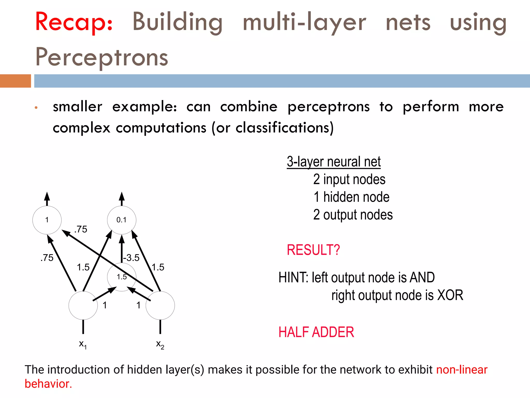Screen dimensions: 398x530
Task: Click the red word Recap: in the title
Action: pyautogui.click(x=74, y=22)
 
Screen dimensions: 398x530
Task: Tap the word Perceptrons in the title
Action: pyautogui.click(x=102, y=57)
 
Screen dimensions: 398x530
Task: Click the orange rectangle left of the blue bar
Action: pyautogui.click(x=15, y=81)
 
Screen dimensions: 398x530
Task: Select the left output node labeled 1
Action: pyautogui.click(x=47, y=220)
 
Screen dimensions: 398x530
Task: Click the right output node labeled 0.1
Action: pyautogui.click(x=122, y=220)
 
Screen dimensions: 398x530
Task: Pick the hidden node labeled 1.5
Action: pyautogui.click(x=122, y=277)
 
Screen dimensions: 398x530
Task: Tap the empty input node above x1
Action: pyautogui.click(x=83, y=305)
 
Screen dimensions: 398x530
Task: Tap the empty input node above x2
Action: pyautogui.click(x=160, y=305)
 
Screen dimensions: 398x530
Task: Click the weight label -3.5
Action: pyautogui.click(x=131, y=258)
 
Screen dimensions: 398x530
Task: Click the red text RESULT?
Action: pyautogui.click(x=313, y=250)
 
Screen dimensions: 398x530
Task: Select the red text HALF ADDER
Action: pyautogui.click(x=316, y=332)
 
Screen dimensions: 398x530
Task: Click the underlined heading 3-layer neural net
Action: pyautogui.click(x=334, y=162)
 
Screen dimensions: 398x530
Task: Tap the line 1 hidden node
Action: pyautogui.click(x=351, y=197)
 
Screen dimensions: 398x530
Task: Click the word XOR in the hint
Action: pyautogui.click(x=450, y=295)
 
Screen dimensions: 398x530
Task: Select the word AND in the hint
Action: pyautogui.click(x=422, y=278)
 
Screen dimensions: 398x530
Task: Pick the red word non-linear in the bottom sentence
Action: pyautogui.click(x=462, y=369)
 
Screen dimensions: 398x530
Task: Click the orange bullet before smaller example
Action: pyautogui.click(x=36, y=107)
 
